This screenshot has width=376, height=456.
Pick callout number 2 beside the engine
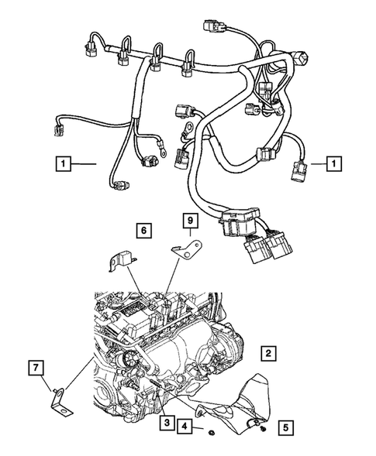coord(267,354)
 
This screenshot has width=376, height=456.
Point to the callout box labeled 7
coord(36,366)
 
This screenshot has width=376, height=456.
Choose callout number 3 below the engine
coord(167,422)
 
